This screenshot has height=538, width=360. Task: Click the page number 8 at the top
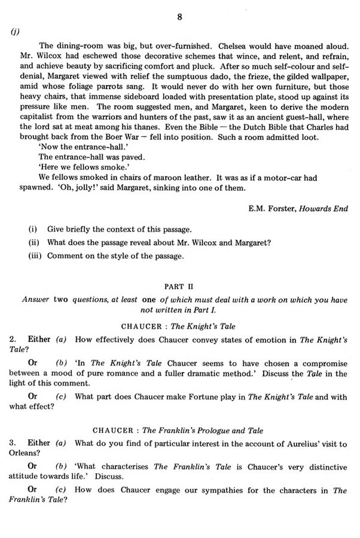pos(179,17)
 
